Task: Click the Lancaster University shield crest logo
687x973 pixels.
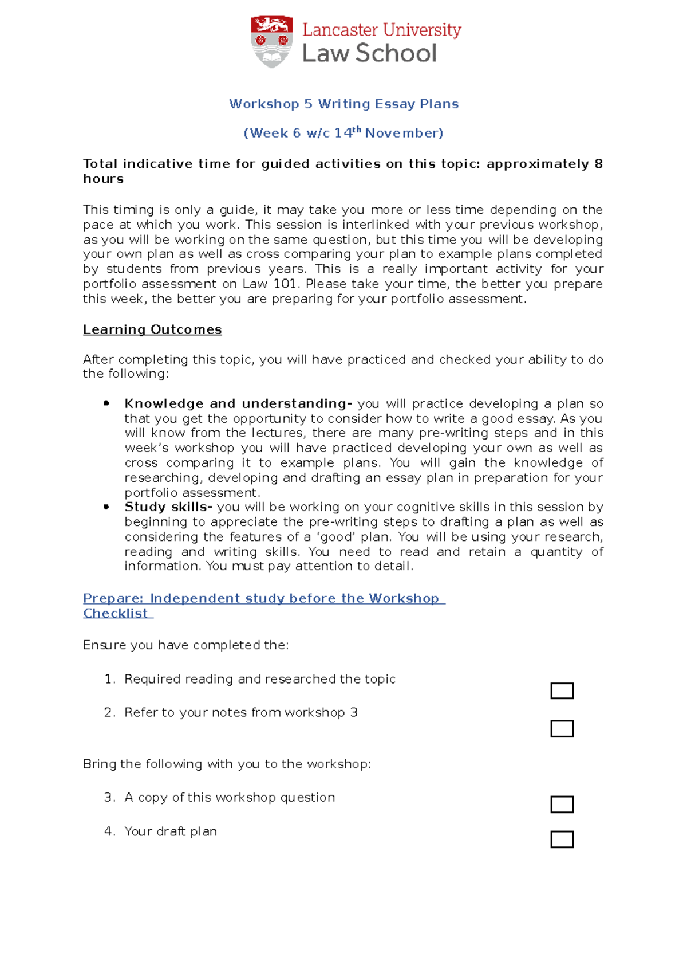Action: coord(271,41)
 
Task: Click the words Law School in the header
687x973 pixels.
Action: coord(369,53)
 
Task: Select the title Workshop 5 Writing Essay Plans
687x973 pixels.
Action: coord(343,104)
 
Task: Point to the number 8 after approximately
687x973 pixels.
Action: coord(598,164)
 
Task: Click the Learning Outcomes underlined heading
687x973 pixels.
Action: coord(152,329)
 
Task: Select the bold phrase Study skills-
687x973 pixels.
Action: coord(168,507)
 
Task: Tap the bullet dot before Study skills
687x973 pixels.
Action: coord(106,507)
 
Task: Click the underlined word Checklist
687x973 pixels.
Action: coord(116,613)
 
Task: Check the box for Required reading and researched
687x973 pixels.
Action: coord(562,690)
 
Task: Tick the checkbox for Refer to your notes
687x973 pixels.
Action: coord(562,728)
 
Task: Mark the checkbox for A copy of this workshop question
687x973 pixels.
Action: coord(562,804)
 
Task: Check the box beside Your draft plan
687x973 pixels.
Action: coord(562,839)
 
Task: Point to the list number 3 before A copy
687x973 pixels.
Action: coord(108,797)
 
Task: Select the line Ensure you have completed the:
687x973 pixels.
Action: coord(185,645)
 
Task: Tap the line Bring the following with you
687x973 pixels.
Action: coord(227,764)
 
